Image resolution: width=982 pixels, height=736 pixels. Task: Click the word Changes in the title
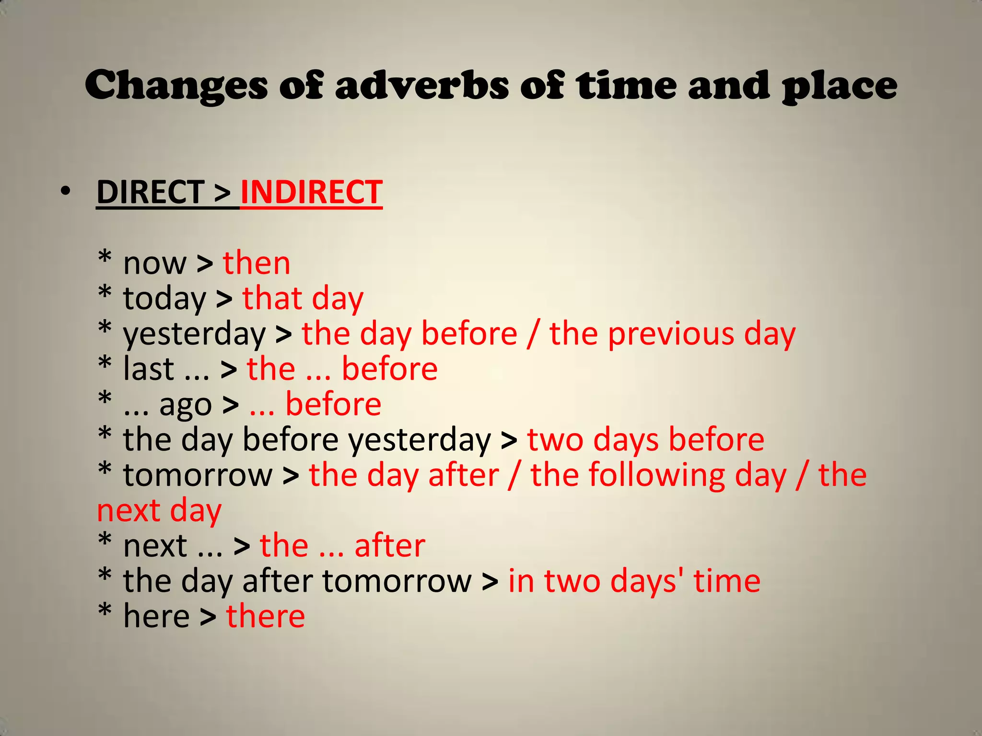point(175,86)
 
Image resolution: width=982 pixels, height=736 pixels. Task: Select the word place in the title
point(839,86)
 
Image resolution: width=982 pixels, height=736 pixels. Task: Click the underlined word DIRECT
point(151,193)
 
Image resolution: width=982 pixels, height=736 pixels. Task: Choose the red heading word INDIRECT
point(311,193)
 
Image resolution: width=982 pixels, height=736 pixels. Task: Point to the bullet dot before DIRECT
point(66,192)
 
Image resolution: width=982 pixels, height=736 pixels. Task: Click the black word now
point(154,264)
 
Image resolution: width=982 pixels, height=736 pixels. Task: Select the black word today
point(164,299)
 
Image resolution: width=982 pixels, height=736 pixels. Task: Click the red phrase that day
point(303,299)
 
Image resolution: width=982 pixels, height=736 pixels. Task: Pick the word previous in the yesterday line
point(671,334)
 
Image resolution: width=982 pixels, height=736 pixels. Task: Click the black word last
point(149,369)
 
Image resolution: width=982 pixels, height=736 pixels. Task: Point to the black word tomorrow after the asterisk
point(198,475)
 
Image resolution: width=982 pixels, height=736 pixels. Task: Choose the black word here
point(156,616)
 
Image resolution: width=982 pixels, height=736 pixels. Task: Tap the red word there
point(266,616)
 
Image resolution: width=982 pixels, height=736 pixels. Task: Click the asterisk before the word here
point(105,612)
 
